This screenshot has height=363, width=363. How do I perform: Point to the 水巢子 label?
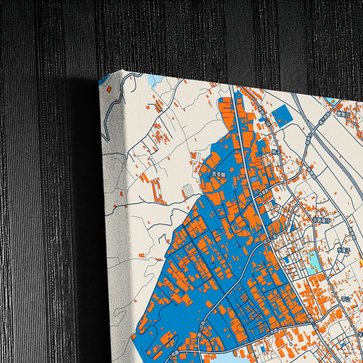pos(343,250)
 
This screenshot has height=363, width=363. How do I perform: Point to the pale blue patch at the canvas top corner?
pos(156,80)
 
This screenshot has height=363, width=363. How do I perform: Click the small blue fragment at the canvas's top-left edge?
pos(103,84)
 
